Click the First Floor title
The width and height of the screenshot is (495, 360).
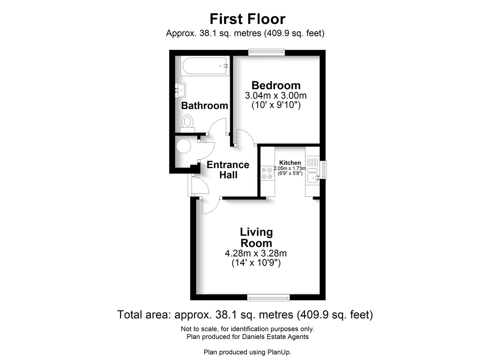click(x=247, y=19)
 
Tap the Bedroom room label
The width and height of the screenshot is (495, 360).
click(x=276, y=85)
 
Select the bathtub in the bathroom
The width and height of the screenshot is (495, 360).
click(x=204, y=66)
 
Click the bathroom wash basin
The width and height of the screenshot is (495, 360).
click(x=181, y=90)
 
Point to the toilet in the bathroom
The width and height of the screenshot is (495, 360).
click(x=187, y=123)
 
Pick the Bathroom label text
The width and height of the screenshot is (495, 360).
click(x=204, y=106)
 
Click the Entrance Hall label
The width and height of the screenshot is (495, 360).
click(x=228, y=170)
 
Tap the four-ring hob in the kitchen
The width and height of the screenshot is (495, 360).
click(x=267, y=173)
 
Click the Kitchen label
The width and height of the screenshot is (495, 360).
click(x=290, y=163)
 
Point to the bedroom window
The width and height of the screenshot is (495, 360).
click(x=266, y=52)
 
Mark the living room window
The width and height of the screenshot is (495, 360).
click(x=268, y=297)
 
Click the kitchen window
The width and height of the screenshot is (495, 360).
click(x=323, y=170)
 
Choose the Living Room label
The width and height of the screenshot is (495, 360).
click(x=256, y=237)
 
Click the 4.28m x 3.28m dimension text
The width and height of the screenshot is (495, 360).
click(x=256, y=253)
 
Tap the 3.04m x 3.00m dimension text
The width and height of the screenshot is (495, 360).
click(x=276, y=96)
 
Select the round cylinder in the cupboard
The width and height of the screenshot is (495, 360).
click(x=183, y=146)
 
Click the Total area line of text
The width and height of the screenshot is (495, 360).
click(x=245, y=314)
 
